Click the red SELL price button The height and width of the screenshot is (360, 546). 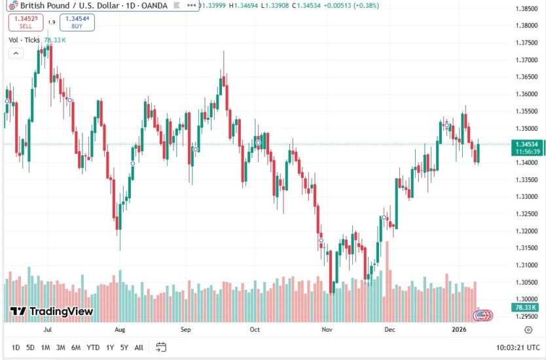point(26,22)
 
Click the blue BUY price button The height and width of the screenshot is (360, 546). point(77,22)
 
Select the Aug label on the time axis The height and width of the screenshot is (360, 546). point(119,331)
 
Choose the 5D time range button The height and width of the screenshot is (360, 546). point(31,348)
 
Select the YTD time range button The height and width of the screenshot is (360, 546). point(94,348)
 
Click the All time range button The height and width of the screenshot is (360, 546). point(139,348)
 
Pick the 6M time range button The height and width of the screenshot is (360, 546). point(76,348)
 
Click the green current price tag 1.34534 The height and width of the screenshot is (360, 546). point(527,144)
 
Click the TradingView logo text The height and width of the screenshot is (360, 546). point(52,312)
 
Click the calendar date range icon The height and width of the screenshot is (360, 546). point(161,347)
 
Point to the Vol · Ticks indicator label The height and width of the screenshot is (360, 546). point(24,40)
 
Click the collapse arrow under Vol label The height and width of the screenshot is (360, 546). point(15,53)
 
